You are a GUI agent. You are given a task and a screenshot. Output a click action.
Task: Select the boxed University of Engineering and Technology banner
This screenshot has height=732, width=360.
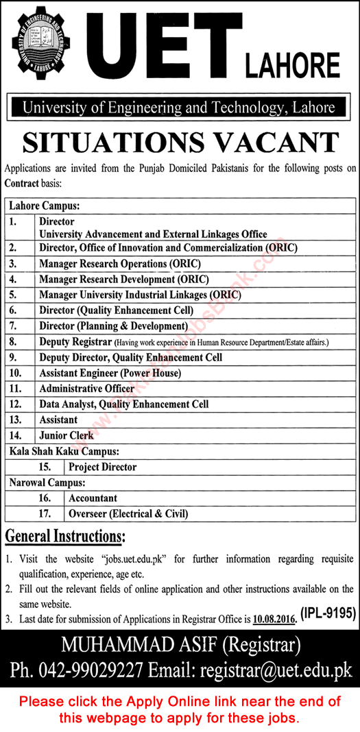pyautogui.click(x=179, y=107)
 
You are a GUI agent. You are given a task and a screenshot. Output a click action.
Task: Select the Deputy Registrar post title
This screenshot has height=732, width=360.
pyautogui.click(x=75, y=341)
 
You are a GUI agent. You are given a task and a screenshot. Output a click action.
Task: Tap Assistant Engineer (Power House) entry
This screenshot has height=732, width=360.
pyautogui.click(x=110, y=373)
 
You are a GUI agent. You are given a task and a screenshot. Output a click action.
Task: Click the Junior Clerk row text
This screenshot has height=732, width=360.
pyautogui.click(x=67, y=435)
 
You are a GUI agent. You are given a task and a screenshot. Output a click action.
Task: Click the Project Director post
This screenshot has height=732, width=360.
pyautogui.click(x=103, y=467)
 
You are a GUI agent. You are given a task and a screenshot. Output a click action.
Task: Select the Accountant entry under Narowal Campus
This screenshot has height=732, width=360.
pyautogui.click(x=93, y=498)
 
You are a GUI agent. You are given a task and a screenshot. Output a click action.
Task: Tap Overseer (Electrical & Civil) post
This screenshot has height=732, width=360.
pyautogui.click(x=128, y=513)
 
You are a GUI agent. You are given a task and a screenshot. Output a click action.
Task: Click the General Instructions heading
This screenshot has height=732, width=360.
pyautogui.click(x=65, y=535)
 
